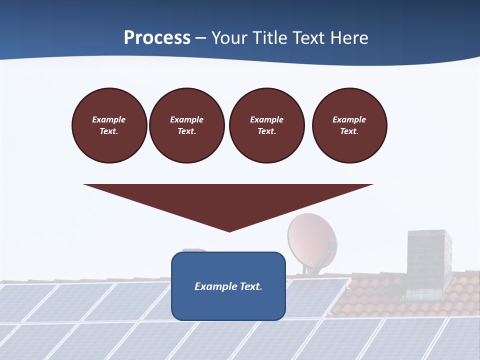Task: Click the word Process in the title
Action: tap(157, 38)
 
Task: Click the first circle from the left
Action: tap(109, 125)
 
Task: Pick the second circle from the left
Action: tap(187, 125)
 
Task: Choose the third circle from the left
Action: tap(267, 125)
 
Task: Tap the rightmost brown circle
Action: tap(349, 125)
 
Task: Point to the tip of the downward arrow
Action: tap(229, 230)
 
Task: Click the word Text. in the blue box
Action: tap(250, 286)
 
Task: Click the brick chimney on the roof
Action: tap(429, 260)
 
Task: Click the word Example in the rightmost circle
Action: tap(349, 119)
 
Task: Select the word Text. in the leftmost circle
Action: tap(109, 131)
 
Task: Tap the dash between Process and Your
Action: tap(201, 38)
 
